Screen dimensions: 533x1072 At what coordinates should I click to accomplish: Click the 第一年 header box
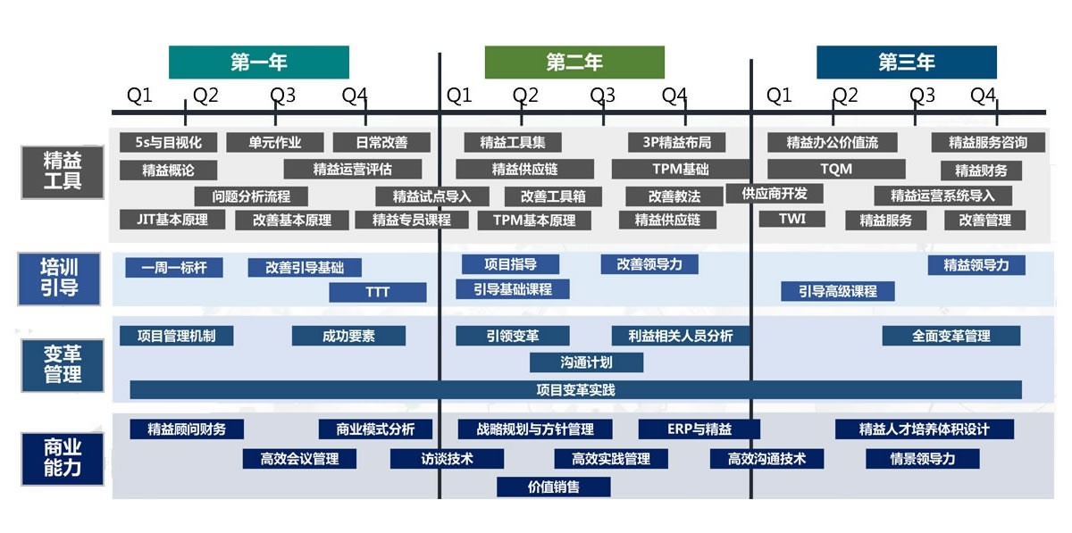click(259, 62)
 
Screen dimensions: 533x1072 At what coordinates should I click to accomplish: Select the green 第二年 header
click(574, 62)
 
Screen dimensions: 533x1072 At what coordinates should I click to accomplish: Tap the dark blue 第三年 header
click(906, 62)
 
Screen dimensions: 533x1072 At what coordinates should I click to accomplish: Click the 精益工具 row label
click(63, 171)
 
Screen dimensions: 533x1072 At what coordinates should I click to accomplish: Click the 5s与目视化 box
click(168, 142)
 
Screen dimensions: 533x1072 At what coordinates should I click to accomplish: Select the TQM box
click(836, 169)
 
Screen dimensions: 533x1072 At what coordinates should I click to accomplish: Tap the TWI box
click(791, 219)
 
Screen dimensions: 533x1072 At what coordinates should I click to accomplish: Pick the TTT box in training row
click(377, 292)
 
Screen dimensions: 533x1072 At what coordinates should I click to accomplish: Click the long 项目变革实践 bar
click(575, 389)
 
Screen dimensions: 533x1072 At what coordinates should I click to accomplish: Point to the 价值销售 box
click(554, 487)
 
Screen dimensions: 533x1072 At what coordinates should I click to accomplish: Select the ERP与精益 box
click(699, 429)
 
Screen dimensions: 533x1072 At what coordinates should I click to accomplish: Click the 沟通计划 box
click(586, 362)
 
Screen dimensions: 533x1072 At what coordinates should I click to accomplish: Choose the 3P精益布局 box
click(676, 142)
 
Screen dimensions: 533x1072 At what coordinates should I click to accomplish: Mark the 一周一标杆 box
click(173, 267)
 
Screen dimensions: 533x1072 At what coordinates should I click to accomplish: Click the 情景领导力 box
click(922, 459)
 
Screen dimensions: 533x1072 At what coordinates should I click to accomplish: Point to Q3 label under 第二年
click(602, 95)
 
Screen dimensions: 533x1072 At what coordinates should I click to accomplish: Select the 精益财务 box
click(980, 171)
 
